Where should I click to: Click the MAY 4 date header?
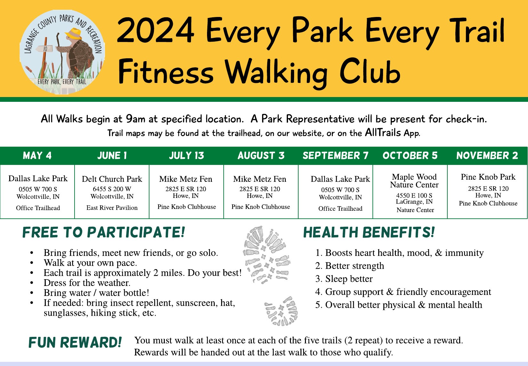37,155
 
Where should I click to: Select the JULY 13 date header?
187,155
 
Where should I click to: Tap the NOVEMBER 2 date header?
487,155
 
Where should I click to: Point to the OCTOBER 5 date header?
410,155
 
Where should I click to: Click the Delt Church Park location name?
112,179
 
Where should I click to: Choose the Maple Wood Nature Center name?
414,181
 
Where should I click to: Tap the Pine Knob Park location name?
488,177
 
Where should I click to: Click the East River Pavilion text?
112,207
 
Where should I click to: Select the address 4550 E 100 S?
414,195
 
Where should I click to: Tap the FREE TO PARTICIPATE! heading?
104,232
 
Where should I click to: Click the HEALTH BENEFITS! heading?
369,232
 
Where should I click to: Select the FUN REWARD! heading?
75,342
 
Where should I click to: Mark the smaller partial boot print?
281,311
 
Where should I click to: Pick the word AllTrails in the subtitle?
383,133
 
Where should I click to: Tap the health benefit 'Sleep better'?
349,279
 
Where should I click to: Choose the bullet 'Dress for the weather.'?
87,283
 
